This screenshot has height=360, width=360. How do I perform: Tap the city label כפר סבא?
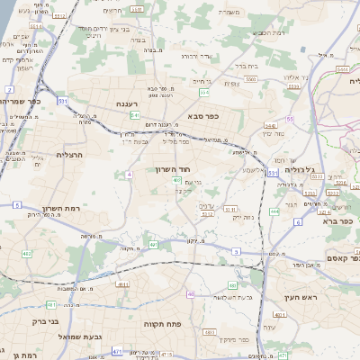coord(206,116)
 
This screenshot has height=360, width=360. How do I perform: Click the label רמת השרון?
coord(62,209)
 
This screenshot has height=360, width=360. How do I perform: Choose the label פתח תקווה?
coord(163,321)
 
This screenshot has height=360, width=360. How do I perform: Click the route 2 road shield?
coord(9,89)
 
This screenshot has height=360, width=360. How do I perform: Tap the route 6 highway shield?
coord(298,220)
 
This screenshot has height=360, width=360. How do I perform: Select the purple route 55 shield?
coord(290,119)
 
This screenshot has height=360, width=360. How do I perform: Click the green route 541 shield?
coord(134,115)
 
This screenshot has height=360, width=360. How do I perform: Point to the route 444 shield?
coord(270,126)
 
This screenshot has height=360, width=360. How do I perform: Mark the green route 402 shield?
coord(26,255)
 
